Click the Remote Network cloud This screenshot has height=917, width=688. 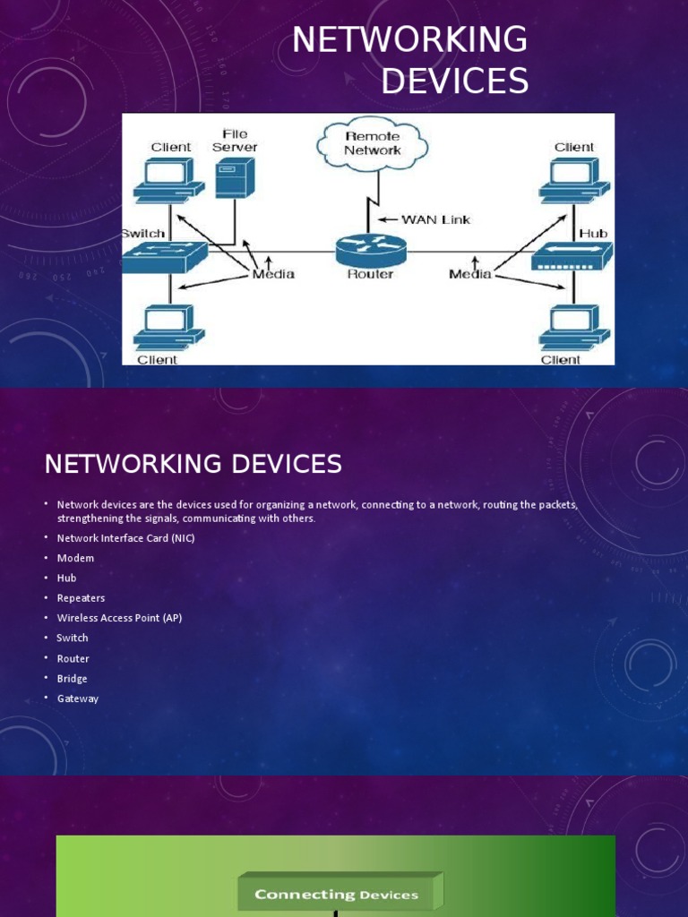click(372, 143)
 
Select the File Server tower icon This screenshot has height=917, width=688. click(235, 177)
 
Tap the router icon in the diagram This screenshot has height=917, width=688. click(371, 248)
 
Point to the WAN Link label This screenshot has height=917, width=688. click(435, 219)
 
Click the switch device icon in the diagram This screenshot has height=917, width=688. click(165, 256)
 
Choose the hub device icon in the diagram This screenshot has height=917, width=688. click(571, 257)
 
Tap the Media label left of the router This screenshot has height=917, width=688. click(273, 274)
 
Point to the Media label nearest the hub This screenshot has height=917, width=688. click(470, 274)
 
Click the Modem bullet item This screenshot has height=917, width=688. click(75, 558)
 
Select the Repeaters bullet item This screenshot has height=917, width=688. click(81, 598)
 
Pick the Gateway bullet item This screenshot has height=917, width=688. click(78, 698)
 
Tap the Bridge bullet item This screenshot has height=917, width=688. click(73, 679)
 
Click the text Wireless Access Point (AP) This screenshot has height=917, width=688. click(119, 618)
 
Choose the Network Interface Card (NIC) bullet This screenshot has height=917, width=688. click(125, 538)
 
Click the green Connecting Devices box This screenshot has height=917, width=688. click(338, 894)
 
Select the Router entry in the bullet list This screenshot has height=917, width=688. click(73, 658)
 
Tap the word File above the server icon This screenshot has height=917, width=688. click(235, 134)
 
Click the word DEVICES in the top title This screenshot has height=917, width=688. click(454, 81)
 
